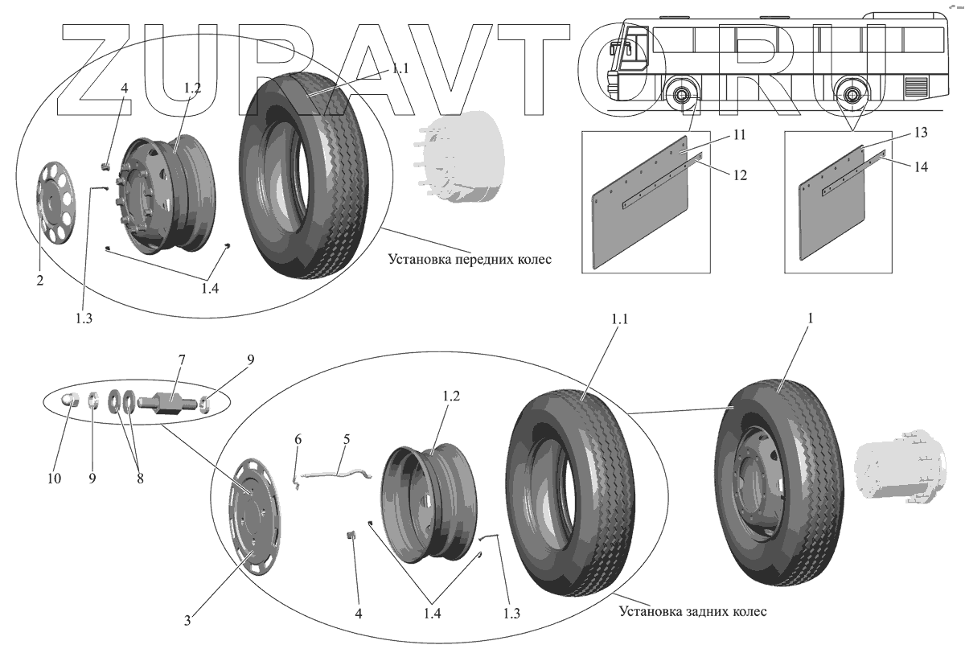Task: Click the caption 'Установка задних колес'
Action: [x=692, y=611]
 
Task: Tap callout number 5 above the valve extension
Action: [x=347, y=440]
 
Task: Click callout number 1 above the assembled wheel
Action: [x=811, y=318]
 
